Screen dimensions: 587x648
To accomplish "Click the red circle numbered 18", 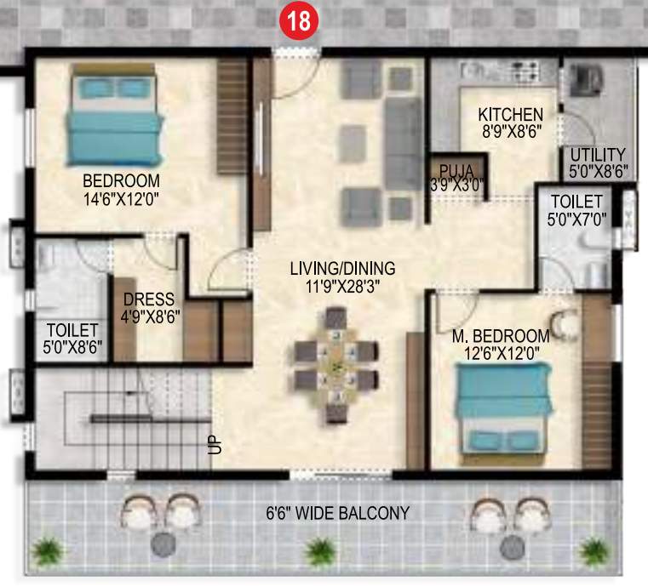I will pyautogui.click(x=298, y=21).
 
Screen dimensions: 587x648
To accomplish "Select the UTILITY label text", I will pyautogui.click(x=598, y=155).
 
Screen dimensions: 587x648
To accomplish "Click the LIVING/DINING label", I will pyautogui.click(x=342, y=270).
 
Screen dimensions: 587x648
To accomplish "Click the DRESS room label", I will pyautogui.click(x=148, y=299).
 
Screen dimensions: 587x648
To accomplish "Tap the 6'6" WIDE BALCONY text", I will pyautogui.click(x=336, y=513).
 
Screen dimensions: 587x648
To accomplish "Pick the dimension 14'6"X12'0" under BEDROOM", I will pyautogui.click(x=121, y=198).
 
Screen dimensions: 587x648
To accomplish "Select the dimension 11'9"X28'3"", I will pyautogui.click(x=342, y=287).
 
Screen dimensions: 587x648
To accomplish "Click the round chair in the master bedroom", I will pyautogui.click(x=563, y=322).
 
